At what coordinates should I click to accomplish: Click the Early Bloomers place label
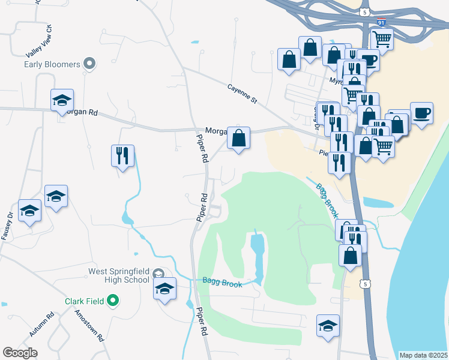pos(52,64)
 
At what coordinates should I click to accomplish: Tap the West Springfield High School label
pos(118,275)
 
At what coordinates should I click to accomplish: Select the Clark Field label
pos(85,301)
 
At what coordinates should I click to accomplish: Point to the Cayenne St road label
pos(242,93)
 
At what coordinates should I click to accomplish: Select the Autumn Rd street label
pos(41,324)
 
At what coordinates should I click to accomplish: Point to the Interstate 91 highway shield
pos(381,22)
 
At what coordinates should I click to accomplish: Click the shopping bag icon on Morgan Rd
pos(239,138)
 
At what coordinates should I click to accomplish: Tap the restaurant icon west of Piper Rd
pos(122,156)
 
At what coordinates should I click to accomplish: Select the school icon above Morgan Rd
pos(61,100)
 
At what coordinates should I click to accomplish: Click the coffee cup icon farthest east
pos(421,112)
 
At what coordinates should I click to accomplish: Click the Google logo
pos(20,353)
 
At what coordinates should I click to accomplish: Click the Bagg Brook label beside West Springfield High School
pos(221,282)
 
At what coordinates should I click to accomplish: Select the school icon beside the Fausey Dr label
pos(29,211)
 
